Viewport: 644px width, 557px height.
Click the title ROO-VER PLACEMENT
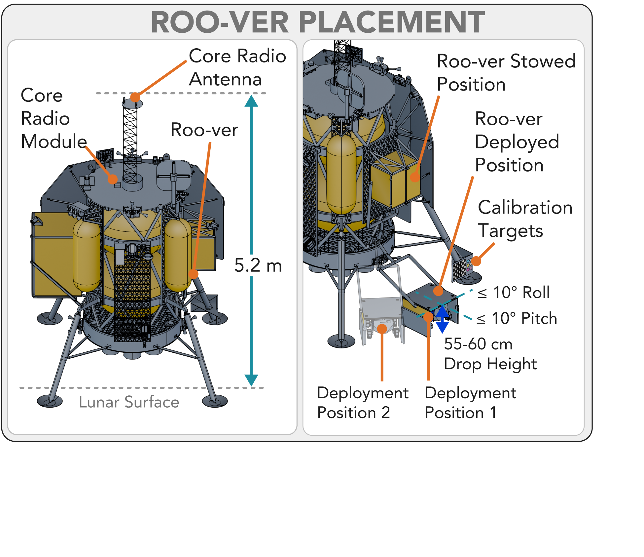point(318,22)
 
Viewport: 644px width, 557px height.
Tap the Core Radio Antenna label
point(237,67)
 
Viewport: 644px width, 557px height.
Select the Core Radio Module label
point(54,118)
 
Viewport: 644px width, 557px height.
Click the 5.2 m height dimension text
point(258,265)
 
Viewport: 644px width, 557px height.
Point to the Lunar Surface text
point(129,402)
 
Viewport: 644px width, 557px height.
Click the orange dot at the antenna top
point(135,97)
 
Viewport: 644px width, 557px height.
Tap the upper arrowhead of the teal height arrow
point(251,101)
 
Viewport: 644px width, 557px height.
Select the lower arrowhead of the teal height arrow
point(251,380)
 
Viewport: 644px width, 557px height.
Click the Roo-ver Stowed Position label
point(506,73)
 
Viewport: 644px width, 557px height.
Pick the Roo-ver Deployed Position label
point(517,142)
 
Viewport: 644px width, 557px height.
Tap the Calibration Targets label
point(525,219)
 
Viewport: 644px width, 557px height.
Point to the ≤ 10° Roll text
point(514,293)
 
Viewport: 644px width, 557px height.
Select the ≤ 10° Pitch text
point(517,318)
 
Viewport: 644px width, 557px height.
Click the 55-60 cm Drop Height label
point(490,354)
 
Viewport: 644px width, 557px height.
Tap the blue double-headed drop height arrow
point(442,319)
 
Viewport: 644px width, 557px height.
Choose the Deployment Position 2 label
point(363,403)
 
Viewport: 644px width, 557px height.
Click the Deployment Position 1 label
point(470,403)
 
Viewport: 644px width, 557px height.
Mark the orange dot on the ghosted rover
point(382,329)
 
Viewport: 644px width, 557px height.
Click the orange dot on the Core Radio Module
point(113,179)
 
